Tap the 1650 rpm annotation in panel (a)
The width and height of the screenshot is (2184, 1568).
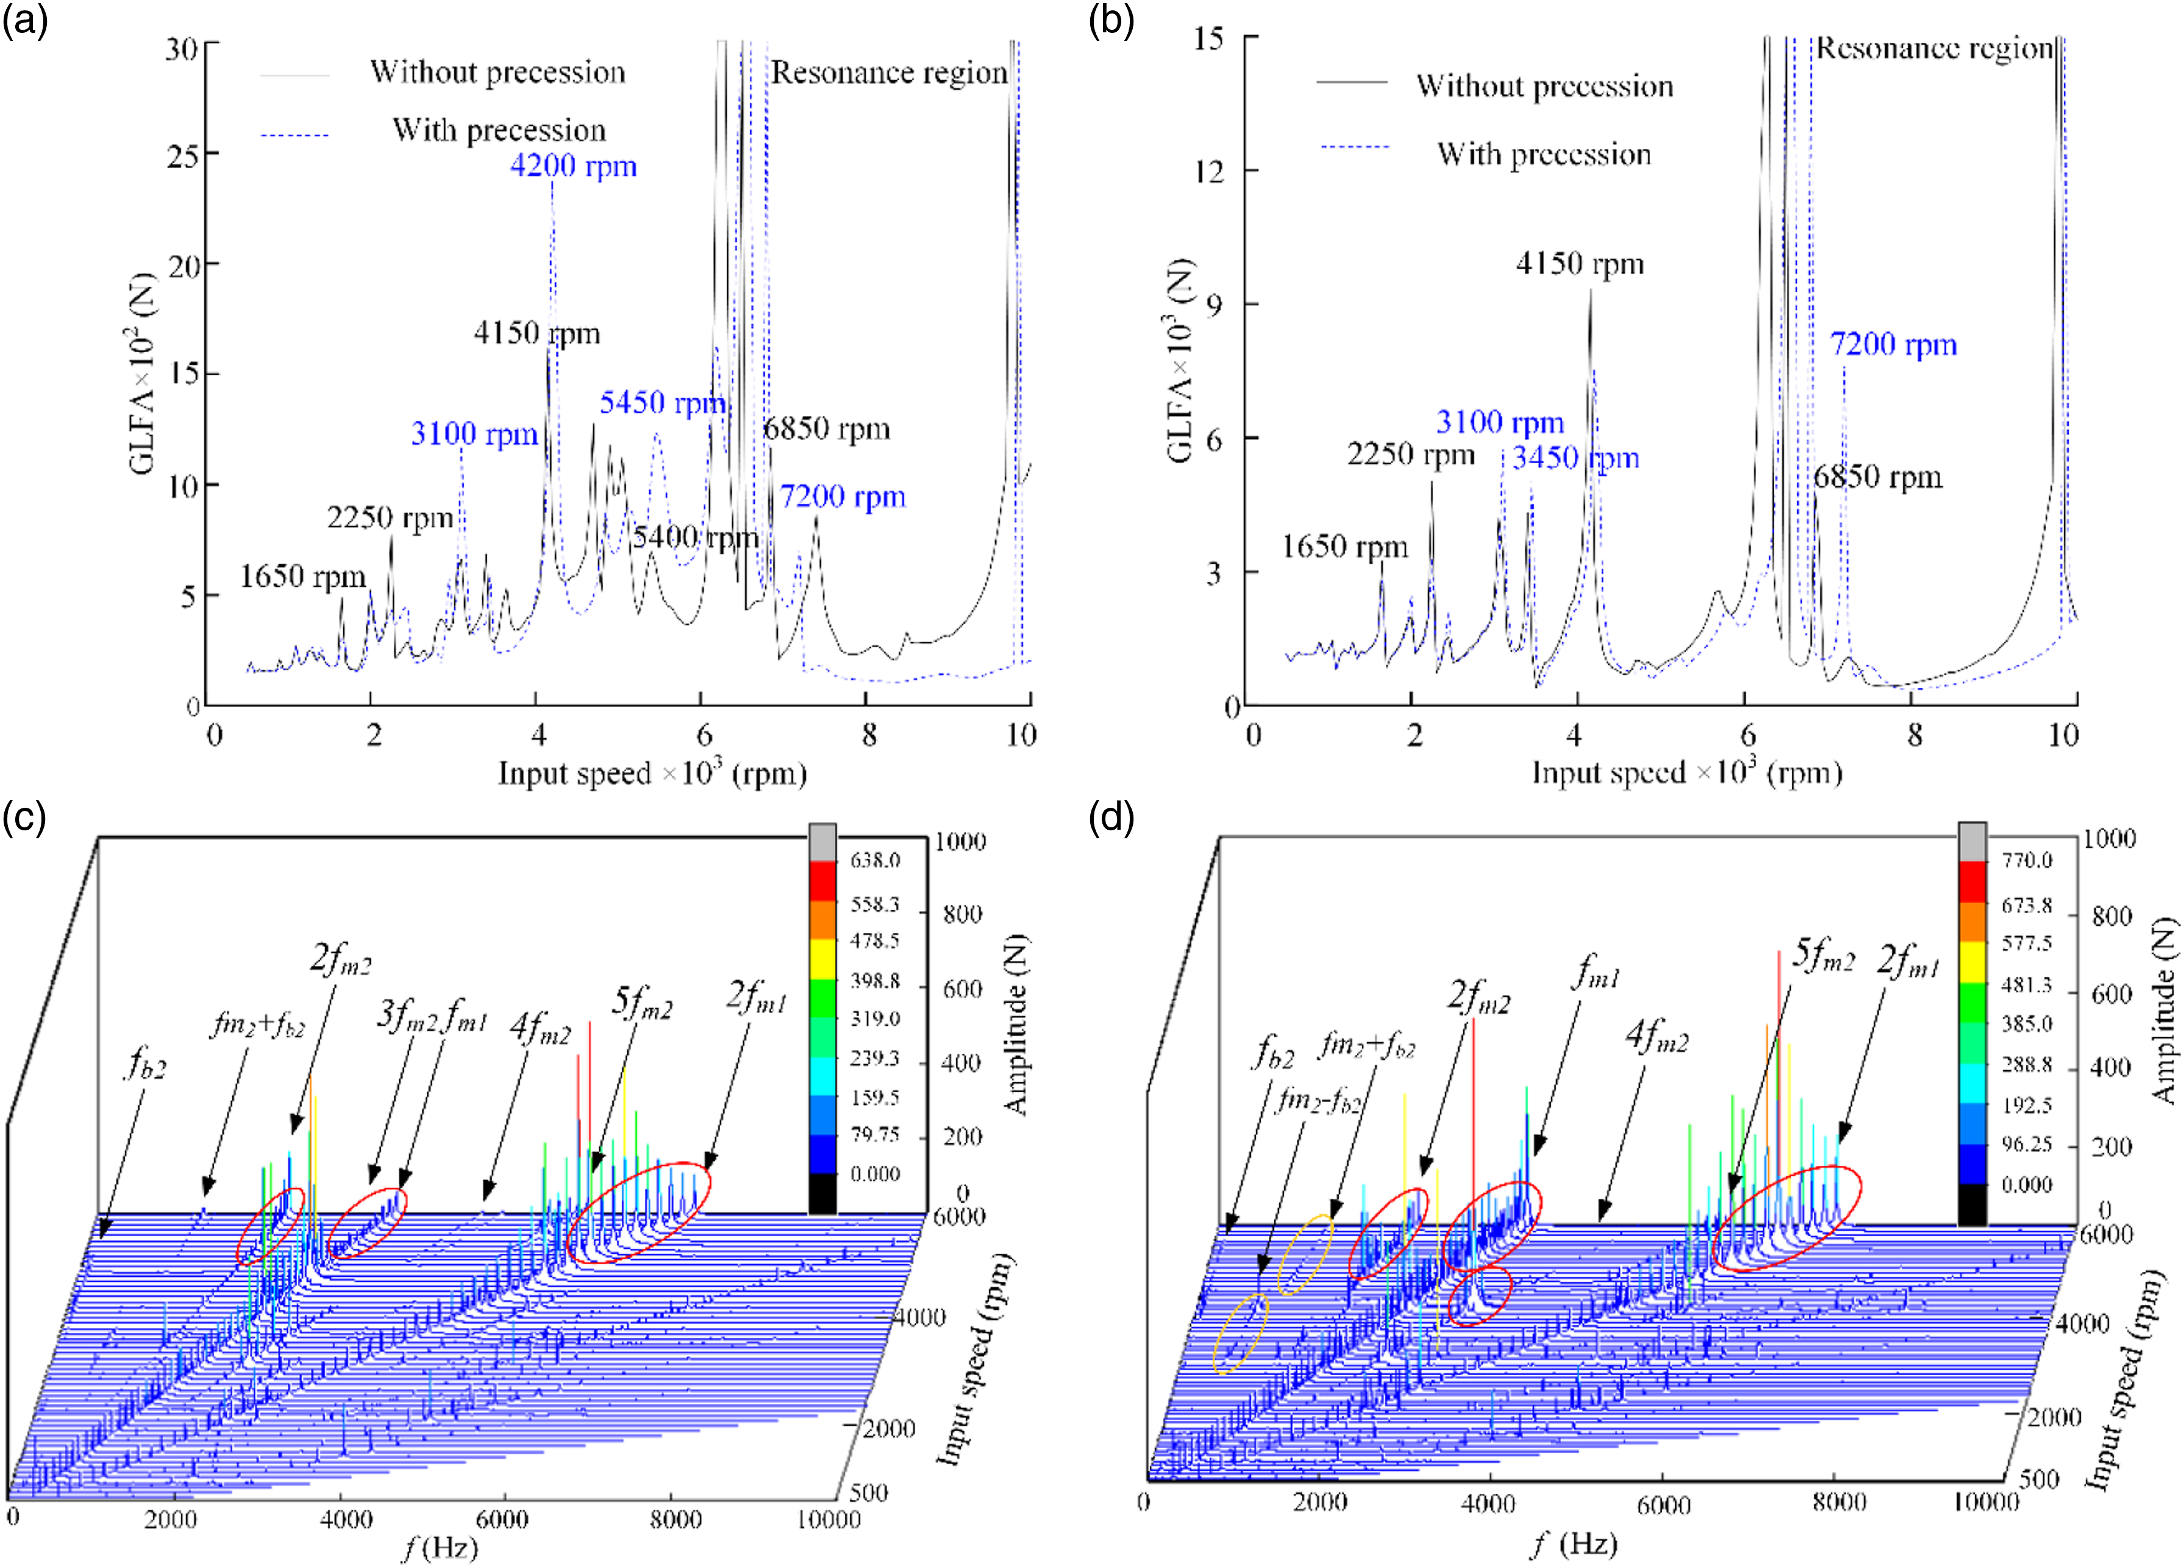coord(302,577)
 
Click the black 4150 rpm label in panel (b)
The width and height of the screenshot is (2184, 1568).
coord(1579,264)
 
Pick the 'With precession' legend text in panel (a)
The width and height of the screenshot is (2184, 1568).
coord(499,130)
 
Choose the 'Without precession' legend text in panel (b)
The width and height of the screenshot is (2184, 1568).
coord(1545,87)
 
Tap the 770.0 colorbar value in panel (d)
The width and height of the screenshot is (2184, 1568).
coord(2026,860)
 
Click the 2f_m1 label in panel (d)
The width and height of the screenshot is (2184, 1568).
coord(1909,962)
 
